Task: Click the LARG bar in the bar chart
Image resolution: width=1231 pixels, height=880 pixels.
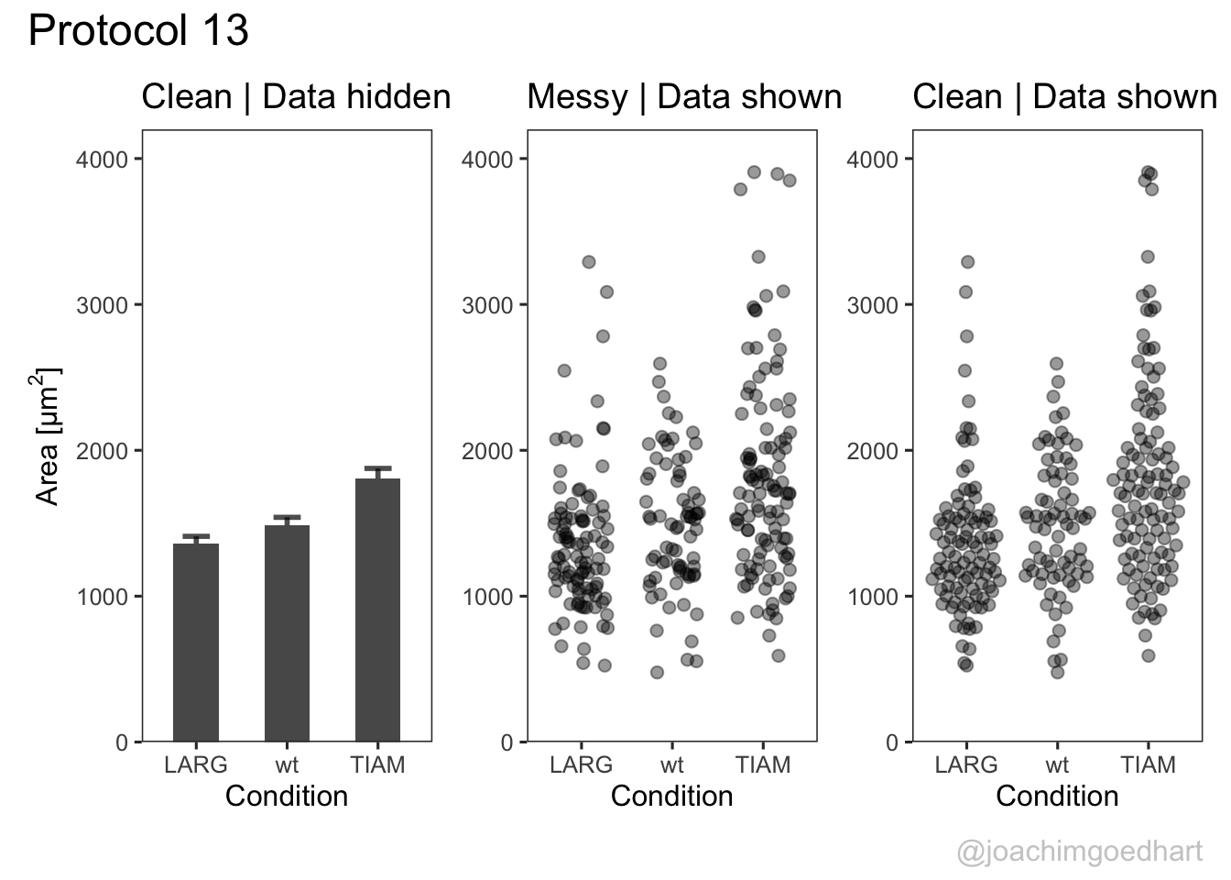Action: tap(195, 642)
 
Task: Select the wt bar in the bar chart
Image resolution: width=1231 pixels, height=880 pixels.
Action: tap(287, 632)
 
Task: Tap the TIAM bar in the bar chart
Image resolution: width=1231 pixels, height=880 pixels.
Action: tap(377, 610)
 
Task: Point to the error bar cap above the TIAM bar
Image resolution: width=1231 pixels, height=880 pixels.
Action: tap(377, 468)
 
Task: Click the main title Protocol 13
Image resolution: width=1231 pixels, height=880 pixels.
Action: tap(138, 31)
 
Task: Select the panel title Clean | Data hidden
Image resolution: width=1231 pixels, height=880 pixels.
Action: tap(296, 97)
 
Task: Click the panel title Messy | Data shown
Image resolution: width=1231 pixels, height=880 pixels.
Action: tap(684, 97)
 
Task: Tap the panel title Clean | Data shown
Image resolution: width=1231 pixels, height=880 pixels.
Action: tap(1064, 97)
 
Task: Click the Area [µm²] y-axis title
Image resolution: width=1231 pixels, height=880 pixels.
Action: tap(48, 436)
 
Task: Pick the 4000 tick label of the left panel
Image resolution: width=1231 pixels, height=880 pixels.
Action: tap(102, 159)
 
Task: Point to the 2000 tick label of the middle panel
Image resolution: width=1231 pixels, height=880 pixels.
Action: tap(487, 451)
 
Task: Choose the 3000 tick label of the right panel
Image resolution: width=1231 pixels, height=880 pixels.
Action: tap(873, 305)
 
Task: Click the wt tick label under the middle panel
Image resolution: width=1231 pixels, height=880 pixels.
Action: tap(671, 764)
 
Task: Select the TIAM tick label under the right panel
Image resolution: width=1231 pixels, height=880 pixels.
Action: tap(1148, 764)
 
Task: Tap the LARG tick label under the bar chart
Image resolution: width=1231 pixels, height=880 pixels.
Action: tap(195, 764)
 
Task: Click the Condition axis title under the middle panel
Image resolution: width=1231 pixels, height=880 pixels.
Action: tap(671, 796)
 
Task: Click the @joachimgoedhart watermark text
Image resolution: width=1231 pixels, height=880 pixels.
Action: tap(1079, 852)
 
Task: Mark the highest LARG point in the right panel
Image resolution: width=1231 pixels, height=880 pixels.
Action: tap(967, 262)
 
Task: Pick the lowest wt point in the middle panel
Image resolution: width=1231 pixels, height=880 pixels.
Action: tap(657, 673)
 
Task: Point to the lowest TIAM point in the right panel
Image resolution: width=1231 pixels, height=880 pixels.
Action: tap(1148, 655)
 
